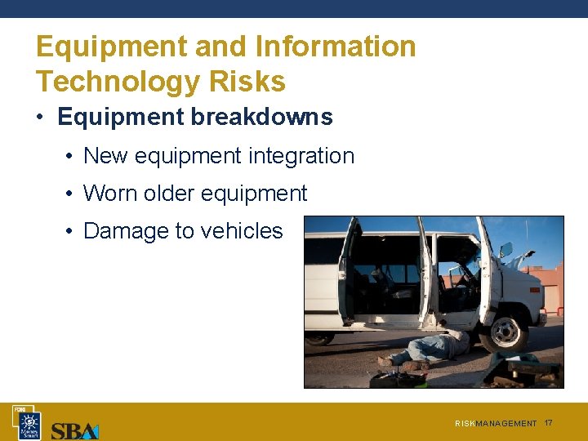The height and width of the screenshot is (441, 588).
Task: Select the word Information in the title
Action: [336, 47]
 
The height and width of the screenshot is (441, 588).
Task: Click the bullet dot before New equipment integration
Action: [71, 156]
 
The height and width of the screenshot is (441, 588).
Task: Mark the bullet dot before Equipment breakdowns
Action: [40, 118]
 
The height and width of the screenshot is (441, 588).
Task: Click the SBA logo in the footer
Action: [74, 430]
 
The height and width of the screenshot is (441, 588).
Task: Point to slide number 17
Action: [548, 423]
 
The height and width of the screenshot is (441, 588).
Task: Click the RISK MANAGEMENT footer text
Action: [496, 424]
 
